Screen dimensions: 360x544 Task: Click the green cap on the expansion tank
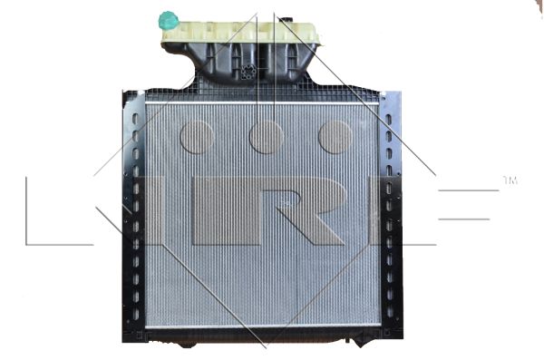click(168, 20)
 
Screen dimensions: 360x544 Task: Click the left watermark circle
click(197, 136)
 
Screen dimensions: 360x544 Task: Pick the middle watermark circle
click(267, 136)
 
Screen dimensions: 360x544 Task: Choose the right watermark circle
click(335, 136)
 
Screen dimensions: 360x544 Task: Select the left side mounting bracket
click(134, 218)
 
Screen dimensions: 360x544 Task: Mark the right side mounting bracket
click(391, 218)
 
